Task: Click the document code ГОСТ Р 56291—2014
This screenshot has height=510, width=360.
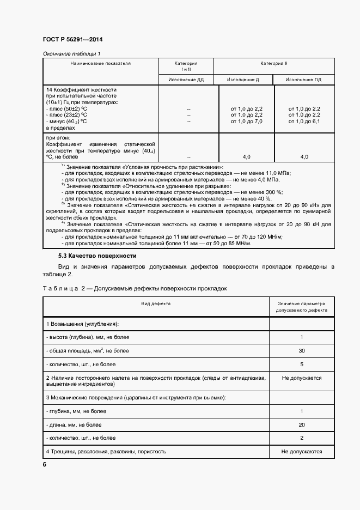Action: (x=72, y=40)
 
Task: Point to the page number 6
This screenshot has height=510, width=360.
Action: (x=45, y=464)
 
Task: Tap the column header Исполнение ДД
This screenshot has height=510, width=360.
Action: (x=186, y=80)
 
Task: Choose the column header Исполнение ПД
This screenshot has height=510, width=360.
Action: (x=304, y=80)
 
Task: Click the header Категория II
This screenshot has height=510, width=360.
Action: (x=273, y=63)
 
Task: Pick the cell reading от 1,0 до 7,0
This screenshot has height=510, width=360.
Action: (x=246, y=121)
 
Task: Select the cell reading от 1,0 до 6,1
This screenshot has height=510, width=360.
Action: (x=304, y=121)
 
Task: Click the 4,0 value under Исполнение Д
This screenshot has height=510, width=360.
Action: (x=246, y=157)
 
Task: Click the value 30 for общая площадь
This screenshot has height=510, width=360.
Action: (x=301, y=351)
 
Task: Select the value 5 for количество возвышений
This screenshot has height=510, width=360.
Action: (x=301, y=364)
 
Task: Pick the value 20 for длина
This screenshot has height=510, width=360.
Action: (x=301, y=424)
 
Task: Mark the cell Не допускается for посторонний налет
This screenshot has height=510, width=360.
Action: (x=301, y=378)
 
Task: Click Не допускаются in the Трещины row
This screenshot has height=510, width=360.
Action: (x=301, y=451)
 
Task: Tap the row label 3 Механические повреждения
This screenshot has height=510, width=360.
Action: (x=136, y=397)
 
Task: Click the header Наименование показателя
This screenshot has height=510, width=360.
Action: (x=100, y=63)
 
